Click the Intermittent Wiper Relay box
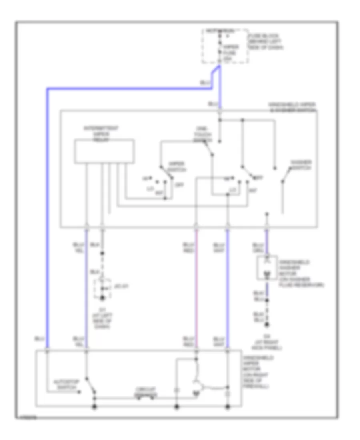104,151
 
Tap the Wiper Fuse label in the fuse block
228,52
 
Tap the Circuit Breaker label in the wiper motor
145,391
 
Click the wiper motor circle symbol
196,386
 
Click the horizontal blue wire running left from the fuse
128,88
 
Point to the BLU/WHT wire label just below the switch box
219,247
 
